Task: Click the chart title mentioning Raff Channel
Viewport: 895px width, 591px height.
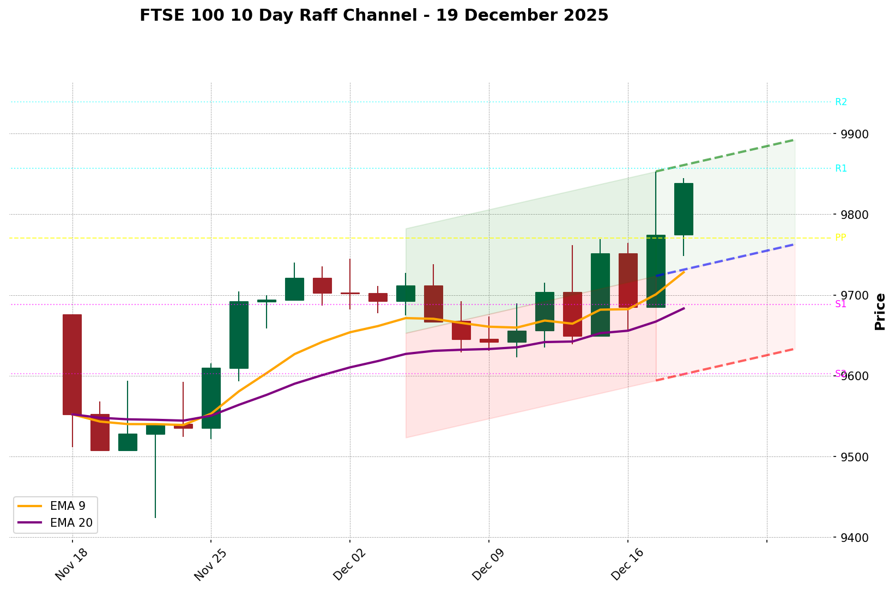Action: (373, 15)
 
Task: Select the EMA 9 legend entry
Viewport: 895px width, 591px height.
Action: (67, 506)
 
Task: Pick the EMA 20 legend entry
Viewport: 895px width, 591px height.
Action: (71, 523)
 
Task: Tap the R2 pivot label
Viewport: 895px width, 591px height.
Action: (840, 102)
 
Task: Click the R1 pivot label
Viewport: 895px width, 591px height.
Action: (840, 168)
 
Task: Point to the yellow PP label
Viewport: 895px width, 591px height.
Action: (840, 237)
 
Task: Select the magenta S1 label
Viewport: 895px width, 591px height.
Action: (840, 304)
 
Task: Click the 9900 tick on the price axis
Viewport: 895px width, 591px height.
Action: (854, 134)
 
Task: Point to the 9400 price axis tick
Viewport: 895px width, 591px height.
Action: (854, 538)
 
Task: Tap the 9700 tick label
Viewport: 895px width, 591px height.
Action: (854, 296)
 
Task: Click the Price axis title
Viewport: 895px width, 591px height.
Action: (879, 312)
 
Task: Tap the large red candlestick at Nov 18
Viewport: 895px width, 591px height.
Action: (72, 364)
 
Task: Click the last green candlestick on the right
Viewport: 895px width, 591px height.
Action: (684, 209)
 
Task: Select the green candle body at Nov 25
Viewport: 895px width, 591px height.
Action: (211, 398)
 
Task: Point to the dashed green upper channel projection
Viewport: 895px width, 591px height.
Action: (725, 155)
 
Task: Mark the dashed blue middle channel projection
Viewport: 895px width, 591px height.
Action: (725, 260)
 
